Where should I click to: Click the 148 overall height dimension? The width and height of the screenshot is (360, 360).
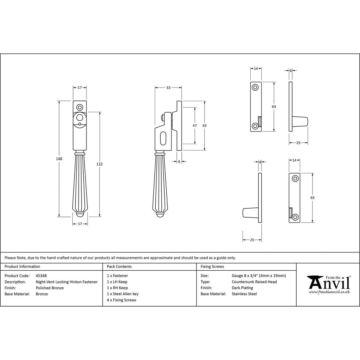pyautogui.click(x=59, y=159)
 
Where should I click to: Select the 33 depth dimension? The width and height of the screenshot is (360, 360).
pyautogui.click(x=168, y=88)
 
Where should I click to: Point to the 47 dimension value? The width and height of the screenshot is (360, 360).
pyautogui.click(x=194, y=126)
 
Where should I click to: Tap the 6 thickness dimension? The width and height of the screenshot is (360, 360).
pyautogui.click(x=179, y=161)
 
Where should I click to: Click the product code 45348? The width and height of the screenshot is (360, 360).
pyautogui.click(x=41, y=276)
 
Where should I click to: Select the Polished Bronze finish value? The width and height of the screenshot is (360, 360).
pyautogui.click(x=50, y=288)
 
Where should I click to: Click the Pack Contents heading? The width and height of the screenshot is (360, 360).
pyautogui.click(x=119, y=267)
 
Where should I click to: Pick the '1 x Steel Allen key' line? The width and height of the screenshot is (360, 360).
pyautogui.click(x=123, y=294)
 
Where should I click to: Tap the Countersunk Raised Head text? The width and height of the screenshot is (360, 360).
pyautogui.click(x=254, y=282)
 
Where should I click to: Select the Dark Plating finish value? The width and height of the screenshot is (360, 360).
pyautogui.click(x=242, y=288)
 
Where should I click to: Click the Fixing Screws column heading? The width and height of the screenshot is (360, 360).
pyautogui.click(x=212, y=267)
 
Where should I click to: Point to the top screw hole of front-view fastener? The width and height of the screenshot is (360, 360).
pyautogui.click(x=80, y=107)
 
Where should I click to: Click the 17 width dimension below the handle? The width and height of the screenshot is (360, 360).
pyautogui.click(x=80, y=224)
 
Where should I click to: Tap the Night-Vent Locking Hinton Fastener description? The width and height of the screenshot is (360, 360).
pyautogui.click(x=67, y=282)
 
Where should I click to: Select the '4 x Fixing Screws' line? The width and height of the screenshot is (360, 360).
pyautogui.click(x=121, y=300)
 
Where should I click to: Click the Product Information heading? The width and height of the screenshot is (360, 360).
pyautogui.click(x=22, y=267)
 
